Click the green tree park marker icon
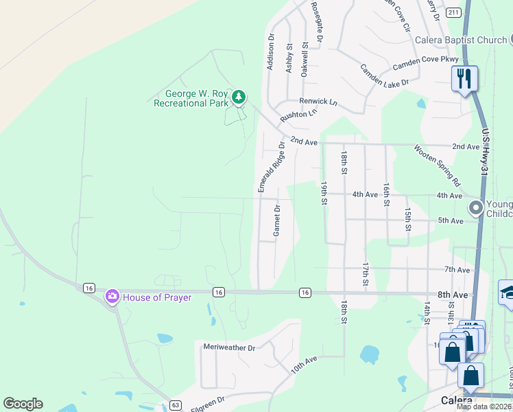click(239, 97)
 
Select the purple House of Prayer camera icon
click(111, 297)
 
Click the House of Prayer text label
click(157, 297)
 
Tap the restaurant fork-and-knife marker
click(464, 79)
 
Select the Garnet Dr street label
click(277, 220)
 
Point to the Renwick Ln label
click(318, 102)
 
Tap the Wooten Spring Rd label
click(437, 165)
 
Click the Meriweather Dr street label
click(229, 347)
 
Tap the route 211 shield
click(453, 12)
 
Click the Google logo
click(23, 404)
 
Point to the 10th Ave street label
click(303, 365)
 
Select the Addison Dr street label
click(271, 51)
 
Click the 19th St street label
click(323, 193)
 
